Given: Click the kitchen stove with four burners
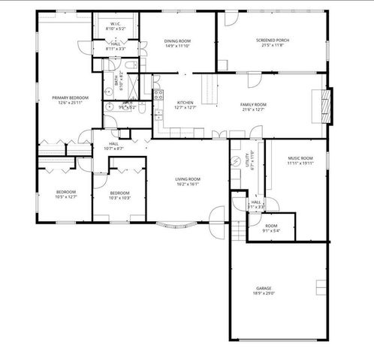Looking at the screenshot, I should pos(158,95).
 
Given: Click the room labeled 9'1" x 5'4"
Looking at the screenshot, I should pos(271,228).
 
